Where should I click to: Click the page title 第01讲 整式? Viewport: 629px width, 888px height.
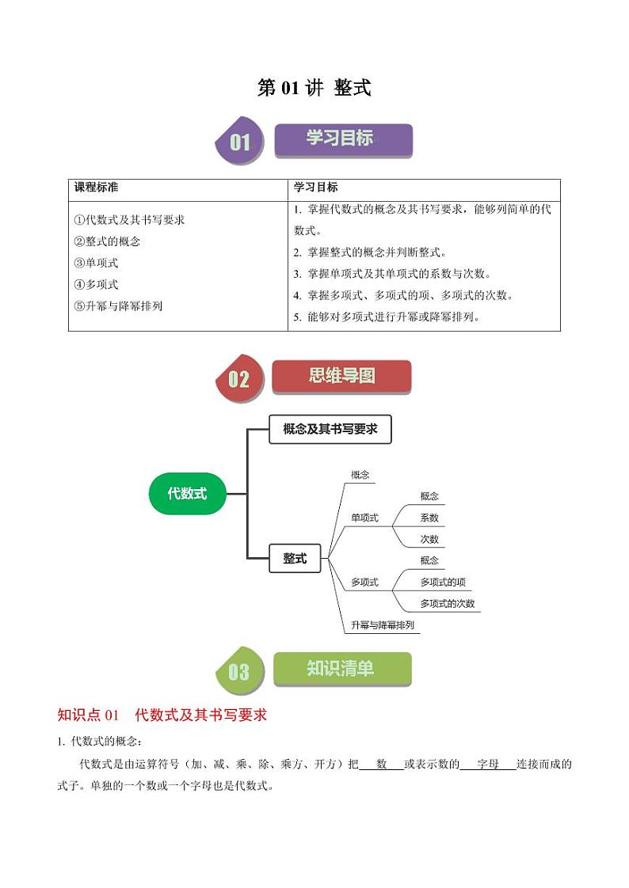tap(314, 88)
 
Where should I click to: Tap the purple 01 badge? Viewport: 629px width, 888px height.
tap(240, 140)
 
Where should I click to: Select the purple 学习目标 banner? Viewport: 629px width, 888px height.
tap(343, 140)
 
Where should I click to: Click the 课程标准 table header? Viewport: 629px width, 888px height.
tap(97, 188)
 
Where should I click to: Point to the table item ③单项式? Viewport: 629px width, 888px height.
tap(97, 263)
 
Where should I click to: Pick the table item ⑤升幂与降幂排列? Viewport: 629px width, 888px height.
tap(119, 305)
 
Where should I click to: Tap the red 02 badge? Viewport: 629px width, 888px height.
tap(240, 378)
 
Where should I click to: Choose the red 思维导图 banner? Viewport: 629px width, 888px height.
tap(341, 376)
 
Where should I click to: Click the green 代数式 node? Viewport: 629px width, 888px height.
tap(188, 494)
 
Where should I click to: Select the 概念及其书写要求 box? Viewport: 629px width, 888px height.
tap(330, 429)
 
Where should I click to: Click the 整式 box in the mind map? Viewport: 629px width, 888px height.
tap(295, 559)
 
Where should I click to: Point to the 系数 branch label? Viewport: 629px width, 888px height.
tap(429, 518)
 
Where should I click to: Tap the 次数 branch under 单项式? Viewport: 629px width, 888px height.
tap(429, 539)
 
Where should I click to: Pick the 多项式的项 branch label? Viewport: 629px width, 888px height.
tap(443, 583)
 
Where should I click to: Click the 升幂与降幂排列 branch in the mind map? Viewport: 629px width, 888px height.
tap(383, 625)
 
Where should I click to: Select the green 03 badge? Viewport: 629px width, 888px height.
tap(240, 671)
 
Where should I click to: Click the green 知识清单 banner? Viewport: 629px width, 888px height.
tap(342, 669)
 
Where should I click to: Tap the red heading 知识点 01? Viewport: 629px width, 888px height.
tap(88, 715)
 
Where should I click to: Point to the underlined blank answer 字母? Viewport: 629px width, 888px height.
tap(488, 764)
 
